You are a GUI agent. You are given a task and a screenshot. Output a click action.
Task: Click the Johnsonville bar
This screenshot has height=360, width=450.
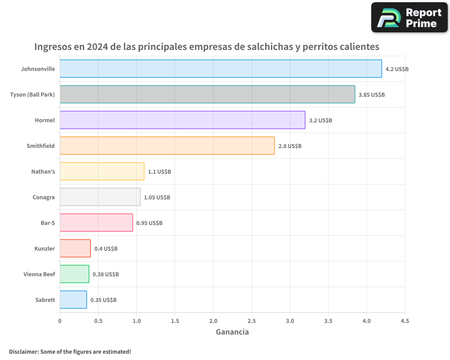click(x=220, y=69)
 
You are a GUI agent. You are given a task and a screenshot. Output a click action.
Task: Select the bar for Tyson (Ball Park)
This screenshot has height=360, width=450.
click(x=207, y=94)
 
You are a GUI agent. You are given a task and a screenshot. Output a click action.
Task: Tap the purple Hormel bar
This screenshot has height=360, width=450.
click(x=182, y=120)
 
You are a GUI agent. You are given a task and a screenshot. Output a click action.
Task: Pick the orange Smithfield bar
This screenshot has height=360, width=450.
click(x=167, y=146)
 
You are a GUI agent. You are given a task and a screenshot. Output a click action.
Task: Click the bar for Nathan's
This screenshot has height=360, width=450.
click(x=102, y=171)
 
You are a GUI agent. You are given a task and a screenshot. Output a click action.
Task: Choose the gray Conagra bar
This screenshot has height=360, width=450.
click(x=100, y=197)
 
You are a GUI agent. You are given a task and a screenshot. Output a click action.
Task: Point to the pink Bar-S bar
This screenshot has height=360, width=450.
click(x=96, y=223)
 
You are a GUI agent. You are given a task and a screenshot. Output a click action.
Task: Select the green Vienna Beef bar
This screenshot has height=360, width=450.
click(x=74, y=274)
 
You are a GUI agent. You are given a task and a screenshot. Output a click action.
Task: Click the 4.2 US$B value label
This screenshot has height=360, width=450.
click(x=397, y=69)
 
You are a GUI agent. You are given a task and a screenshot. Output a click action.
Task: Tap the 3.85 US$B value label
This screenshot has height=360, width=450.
click(x=372, y=94)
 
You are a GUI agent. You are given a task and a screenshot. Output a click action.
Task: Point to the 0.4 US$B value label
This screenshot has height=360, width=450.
click(x=106, y=248)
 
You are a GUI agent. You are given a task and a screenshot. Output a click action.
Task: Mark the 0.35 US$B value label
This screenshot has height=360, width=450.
click(x=103, y=300)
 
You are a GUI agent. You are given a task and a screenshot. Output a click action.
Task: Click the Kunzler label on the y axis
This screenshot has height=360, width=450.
click(x=45, y=248)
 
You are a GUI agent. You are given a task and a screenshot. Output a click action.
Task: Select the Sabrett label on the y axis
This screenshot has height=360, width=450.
click(x=45, y=300)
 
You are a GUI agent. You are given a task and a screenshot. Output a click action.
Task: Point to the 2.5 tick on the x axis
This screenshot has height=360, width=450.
click(x=252, y=321)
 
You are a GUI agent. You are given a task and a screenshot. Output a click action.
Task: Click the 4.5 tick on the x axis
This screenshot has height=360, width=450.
click(x=405, y=321)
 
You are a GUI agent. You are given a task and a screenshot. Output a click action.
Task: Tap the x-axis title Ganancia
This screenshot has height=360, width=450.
click(x=232, y=332)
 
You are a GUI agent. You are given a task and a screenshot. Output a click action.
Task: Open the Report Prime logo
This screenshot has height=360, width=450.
click(x=409, y=18)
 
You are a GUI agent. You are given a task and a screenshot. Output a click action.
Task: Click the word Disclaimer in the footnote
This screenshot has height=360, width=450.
click(x=23, y=351)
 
